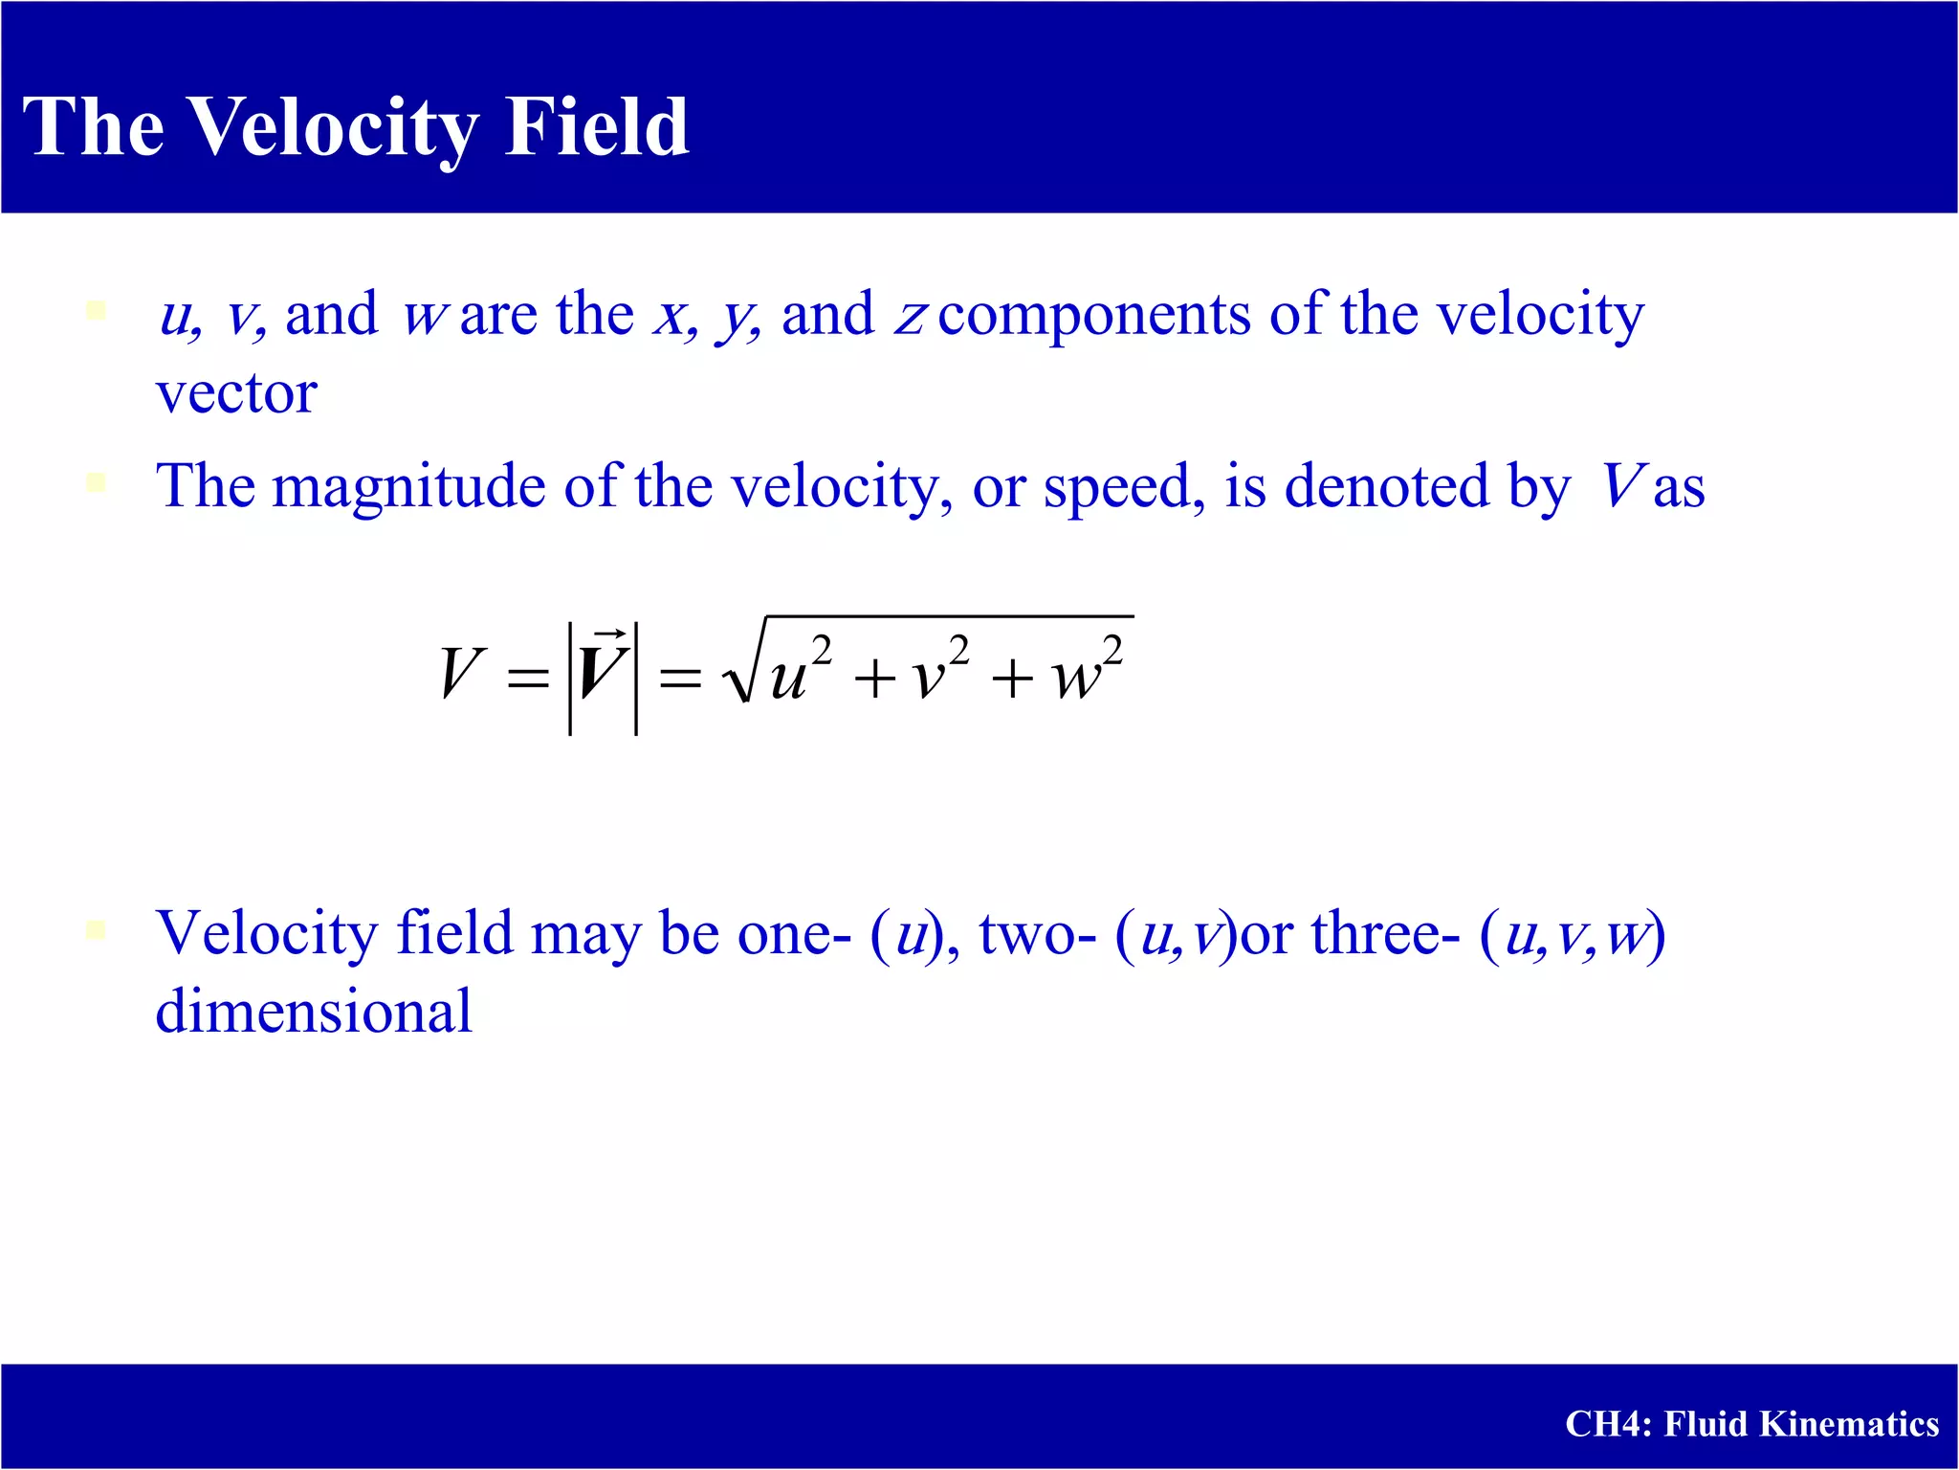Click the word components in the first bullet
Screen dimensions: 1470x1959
pyautogui.click(x=1093, y=315)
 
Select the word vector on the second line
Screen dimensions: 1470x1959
pyautogui.click(x=236, y=393)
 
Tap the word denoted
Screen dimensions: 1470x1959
pyautogui.click(x=1386, y=486)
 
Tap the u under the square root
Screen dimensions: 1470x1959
pyautogui.click(x=788, y=679)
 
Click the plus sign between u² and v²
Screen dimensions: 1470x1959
pyautogui.click(x=874, y=680)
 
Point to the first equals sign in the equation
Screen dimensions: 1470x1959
pyautogui.click(x=528, y=680)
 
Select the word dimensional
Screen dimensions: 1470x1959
pyautogui.click(x=314, y=1012)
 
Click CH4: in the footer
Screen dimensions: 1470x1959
pyautogui.click(x=1608, y=1424)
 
